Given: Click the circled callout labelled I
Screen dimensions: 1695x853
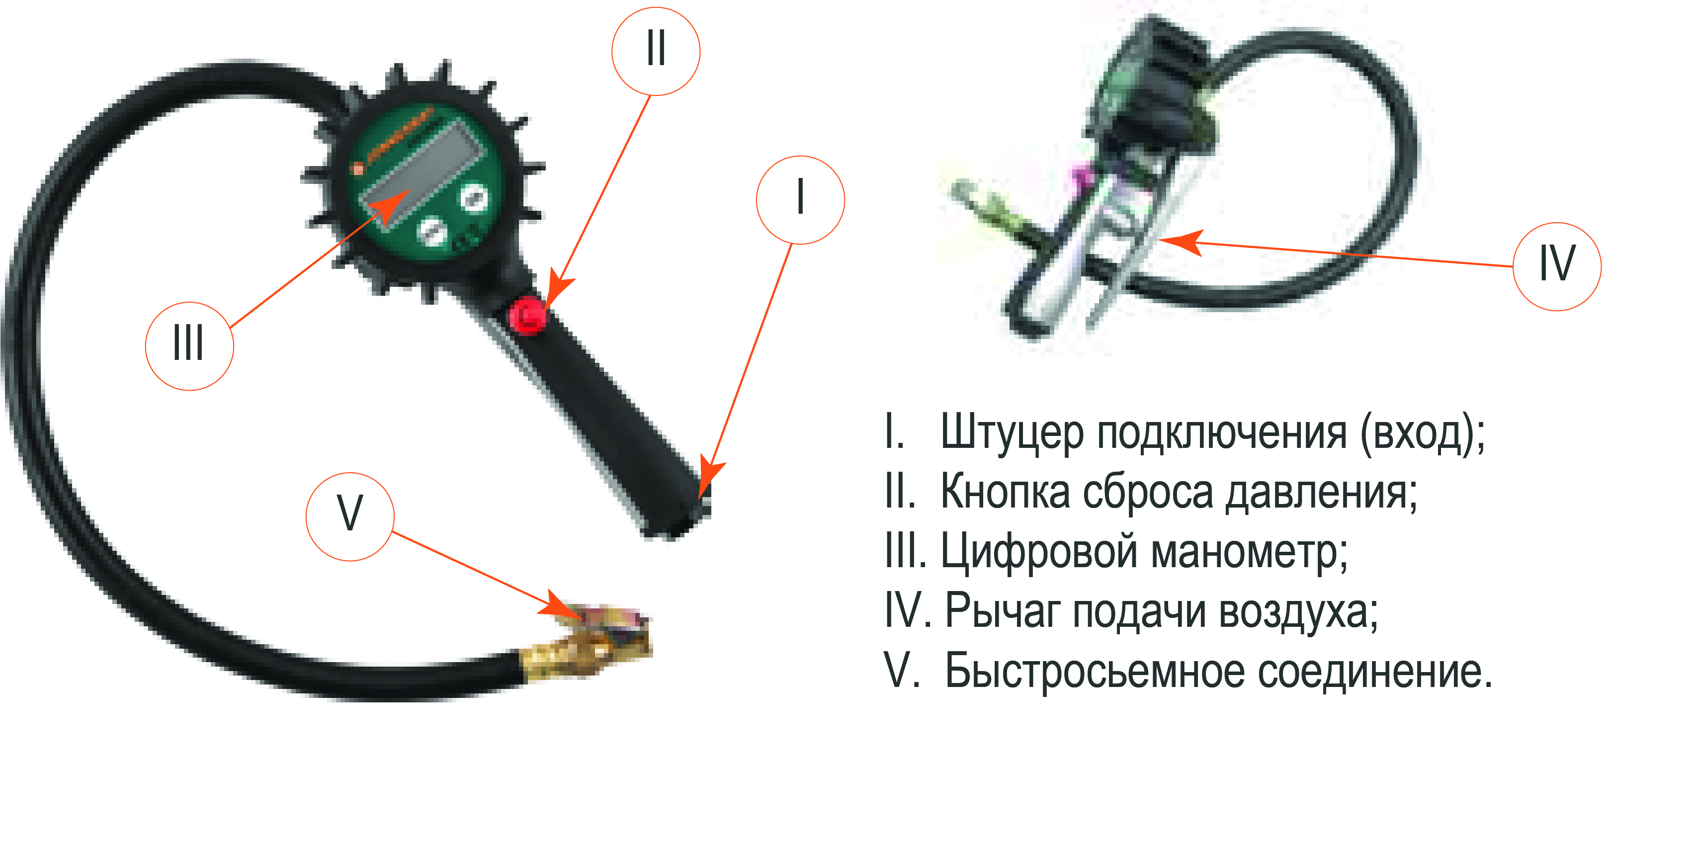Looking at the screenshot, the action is (x=800, y=200).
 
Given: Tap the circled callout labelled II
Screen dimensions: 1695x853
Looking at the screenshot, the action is (x=656, y=51).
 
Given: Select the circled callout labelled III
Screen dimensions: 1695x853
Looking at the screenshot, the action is (x=189, y=346).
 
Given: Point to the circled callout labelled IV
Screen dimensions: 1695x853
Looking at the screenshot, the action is (x=1557, y=266).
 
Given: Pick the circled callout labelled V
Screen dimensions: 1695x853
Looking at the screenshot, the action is (x=350, y=516).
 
